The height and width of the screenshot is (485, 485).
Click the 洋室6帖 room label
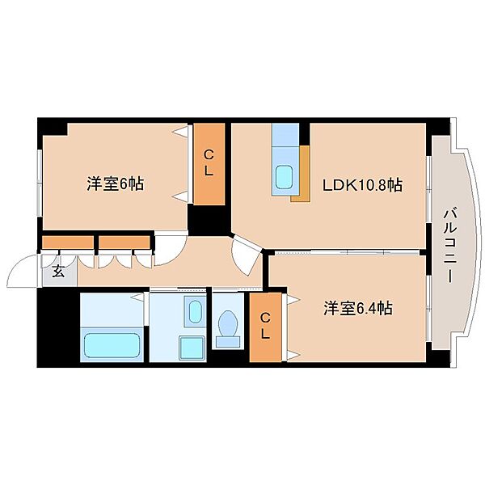click(x=115, y=184)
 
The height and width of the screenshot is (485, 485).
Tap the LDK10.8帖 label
click(x=362, y=185)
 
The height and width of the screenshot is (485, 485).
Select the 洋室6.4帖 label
click(x=358, y=309)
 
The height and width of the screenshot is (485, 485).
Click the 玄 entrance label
click(x=58, y=272)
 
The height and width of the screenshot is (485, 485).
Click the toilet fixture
click(x=228, y=328)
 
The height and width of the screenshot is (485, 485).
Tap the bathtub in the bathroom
click(x=112, y=345)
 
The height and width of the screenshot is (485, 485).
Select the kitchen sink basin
click(x=284, y=177)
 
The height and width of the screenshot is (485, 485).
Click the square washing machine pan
click(x=192, y=348)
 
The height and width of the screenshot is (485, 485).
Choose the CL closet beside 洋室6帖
click(x=209, y=163)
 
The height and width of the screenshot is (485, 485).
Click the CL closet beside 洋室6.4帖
click(x=265, y=327)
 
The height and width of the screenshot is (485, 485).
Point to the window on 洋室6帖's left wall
click(x=40, y=183)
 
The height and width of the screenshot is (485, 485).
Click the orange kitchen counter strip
click(x=302, y=174)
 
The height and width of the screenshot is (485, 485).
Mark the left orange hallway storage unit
click(x=68, y=242)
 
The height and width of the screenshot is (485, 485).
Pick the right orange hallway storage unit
click(x=124, y=242)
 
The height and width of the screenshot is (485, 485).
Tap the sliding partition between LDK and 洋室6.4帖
click(x=347, y=253)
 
